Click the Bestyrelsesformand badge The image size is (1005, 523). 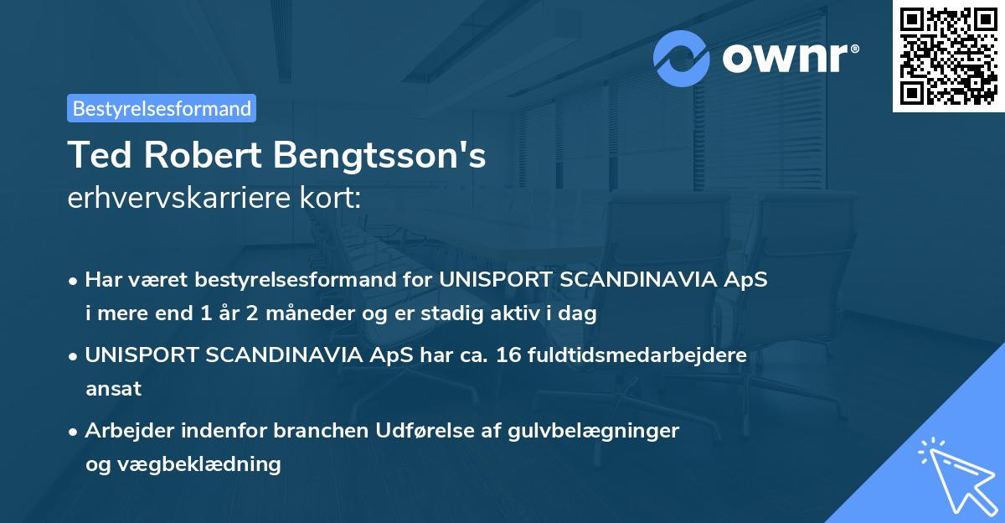point(162,108)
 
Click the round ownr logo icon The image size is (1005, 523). point(682,59)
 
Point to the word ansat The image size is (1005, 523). point(113,389)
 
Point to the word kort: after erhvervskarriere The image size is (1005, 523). point(337,199)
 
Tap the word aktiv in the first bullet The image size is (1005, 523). point(522,314)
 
